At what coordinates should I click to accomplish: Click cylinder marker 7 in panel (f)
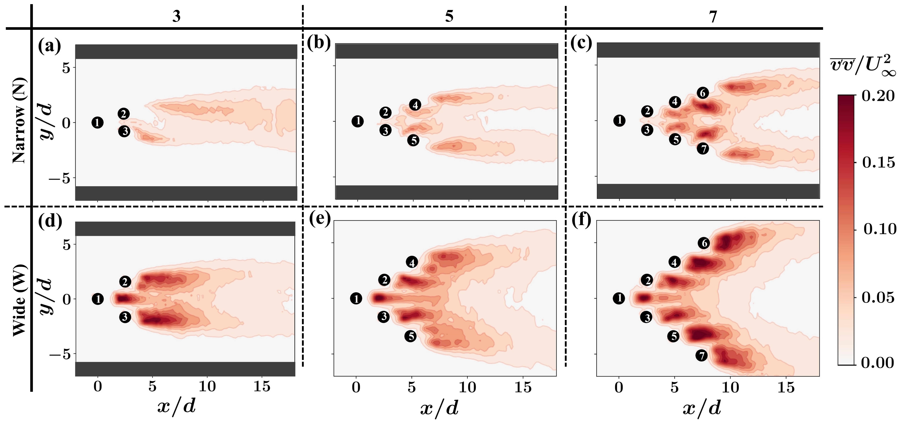(x=701, y=356)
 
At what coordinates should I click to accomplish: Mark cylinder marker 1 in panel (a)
(x=97, y=122)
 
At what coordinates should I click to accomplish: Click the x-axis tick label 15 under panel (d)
(x=262, y=387)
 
